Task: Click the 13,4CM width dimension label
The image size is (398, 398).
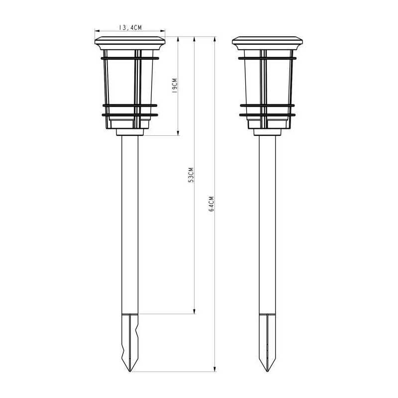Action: (x=130, y=27)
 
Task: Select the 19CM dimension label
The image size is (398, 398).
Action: (x=175, y=85)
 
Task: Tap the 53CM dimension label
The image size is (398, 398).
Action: (x=191, y=175)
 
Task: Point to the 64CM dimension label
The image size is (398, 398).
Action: (x=211, y=203)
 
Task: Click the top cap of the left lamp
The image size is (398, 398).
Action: (x=130, y=43)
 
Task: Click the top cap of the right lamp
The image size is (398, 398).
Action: (x=267, y=43)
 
